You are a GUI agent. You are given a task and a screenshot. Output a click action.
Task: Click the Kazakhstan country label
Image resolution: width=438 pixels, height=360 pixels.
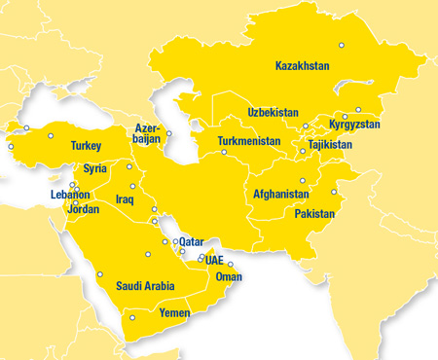303,66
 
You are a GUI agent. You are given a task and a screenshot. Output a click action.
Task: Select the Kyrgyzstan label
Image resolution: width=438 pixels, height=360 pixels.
354,125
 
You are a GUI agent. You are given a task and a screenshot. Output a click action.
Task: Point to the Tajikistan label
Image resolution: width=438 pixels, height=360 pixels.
330,145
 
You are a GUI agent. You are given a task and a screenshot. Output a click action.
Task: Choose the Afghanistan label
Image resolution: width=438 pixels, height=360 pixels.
281,194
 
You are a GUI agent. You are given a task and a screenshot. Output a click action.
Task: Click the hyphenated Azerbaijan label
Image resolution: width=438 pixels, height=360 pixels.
147,133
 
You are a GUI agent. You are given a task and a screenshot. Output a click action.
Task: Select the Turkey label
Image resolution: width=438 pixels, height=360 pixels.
86,146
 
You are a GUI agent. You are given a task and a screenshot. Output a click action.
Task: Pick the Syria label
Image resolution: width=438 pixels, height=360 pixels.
95,168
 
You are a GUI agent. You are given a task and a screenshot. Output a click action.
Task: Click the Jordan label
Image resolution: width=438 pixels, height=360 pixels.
83,209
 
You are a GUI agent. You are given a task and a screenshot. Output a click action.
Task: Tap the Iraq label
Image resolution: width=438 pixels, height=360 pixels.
124,199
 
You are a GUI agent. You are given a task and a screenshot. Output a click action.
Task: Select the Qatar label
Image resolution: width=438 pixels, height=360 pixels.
192,240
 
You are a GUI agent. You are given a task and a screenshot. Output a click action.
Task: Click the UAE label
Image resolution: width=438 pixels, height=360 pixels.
214,261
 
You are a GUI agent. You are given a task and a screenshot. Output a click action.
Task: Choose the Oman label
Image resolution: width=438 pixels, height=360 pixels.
228,276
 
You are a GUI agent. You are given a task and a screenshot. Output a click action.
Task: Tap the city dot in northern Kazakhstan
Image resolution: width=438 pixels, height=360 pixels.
341,45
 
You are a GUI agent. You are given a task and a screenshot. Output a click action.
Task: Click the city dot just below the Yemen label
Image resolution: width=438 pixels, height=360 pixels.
132,318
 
